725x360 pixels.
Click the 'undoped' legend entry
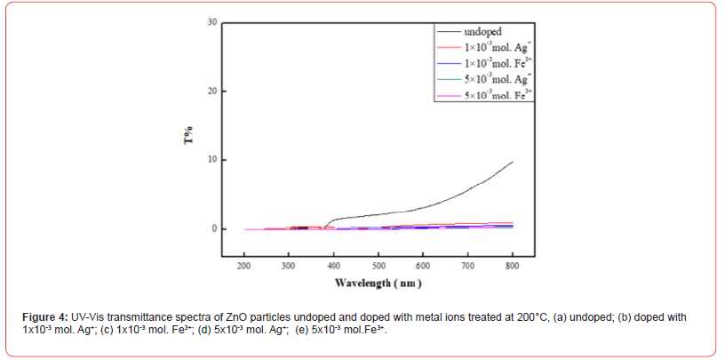(483, 32)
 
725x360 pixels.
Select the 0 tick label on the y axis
(214, 229)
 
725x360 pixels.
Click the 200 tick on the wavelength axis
(244, 266)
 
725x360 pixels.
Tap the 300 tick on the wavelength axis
(289, 266)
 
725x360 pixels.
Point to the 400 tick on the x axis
(334, 266)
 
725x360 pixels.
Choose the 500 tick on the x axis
(378, 266)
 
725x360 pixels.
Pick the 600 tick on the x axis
(423, 266)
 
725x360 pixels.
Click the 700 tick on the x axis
(468, 266)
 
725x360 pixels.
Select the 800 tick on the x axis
(513, 266)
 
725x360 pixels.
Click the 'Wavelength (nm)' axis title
(378, 284)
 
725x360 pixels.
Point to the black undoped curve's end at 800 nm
(513, 162)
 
